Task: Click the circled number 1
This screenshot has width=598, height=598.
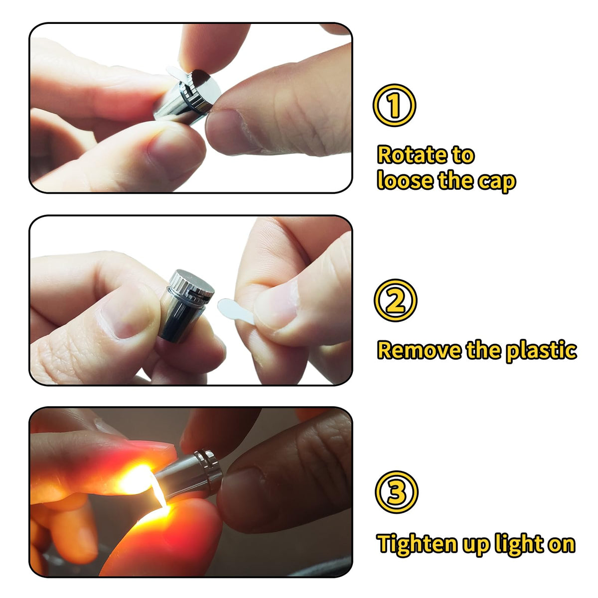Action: coord(394,105)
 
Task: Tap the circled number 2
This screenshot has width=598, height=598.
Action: coord(395,300)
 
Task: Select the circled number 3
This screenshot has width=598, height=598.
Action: coord(397,492)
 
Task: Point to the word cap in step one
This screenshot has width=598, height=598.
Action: coord(496,182)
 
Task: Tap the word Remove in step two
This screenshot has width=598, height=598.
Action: coord(419,350)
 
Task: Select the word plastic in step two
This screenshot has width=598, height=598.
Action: coord(541,351)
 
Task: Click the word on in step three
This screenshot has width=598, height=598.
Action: coord(562,546)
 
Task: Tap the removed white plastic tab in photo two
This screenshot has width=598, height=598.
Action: coord(235,310)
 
